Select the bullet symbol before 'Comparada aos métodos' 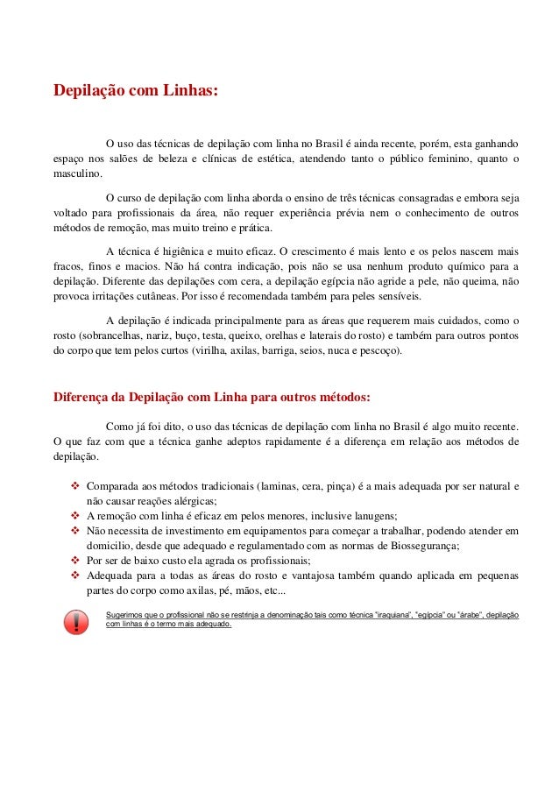(x=74, y=484)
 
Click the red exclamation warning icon (x=77, y=621)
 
